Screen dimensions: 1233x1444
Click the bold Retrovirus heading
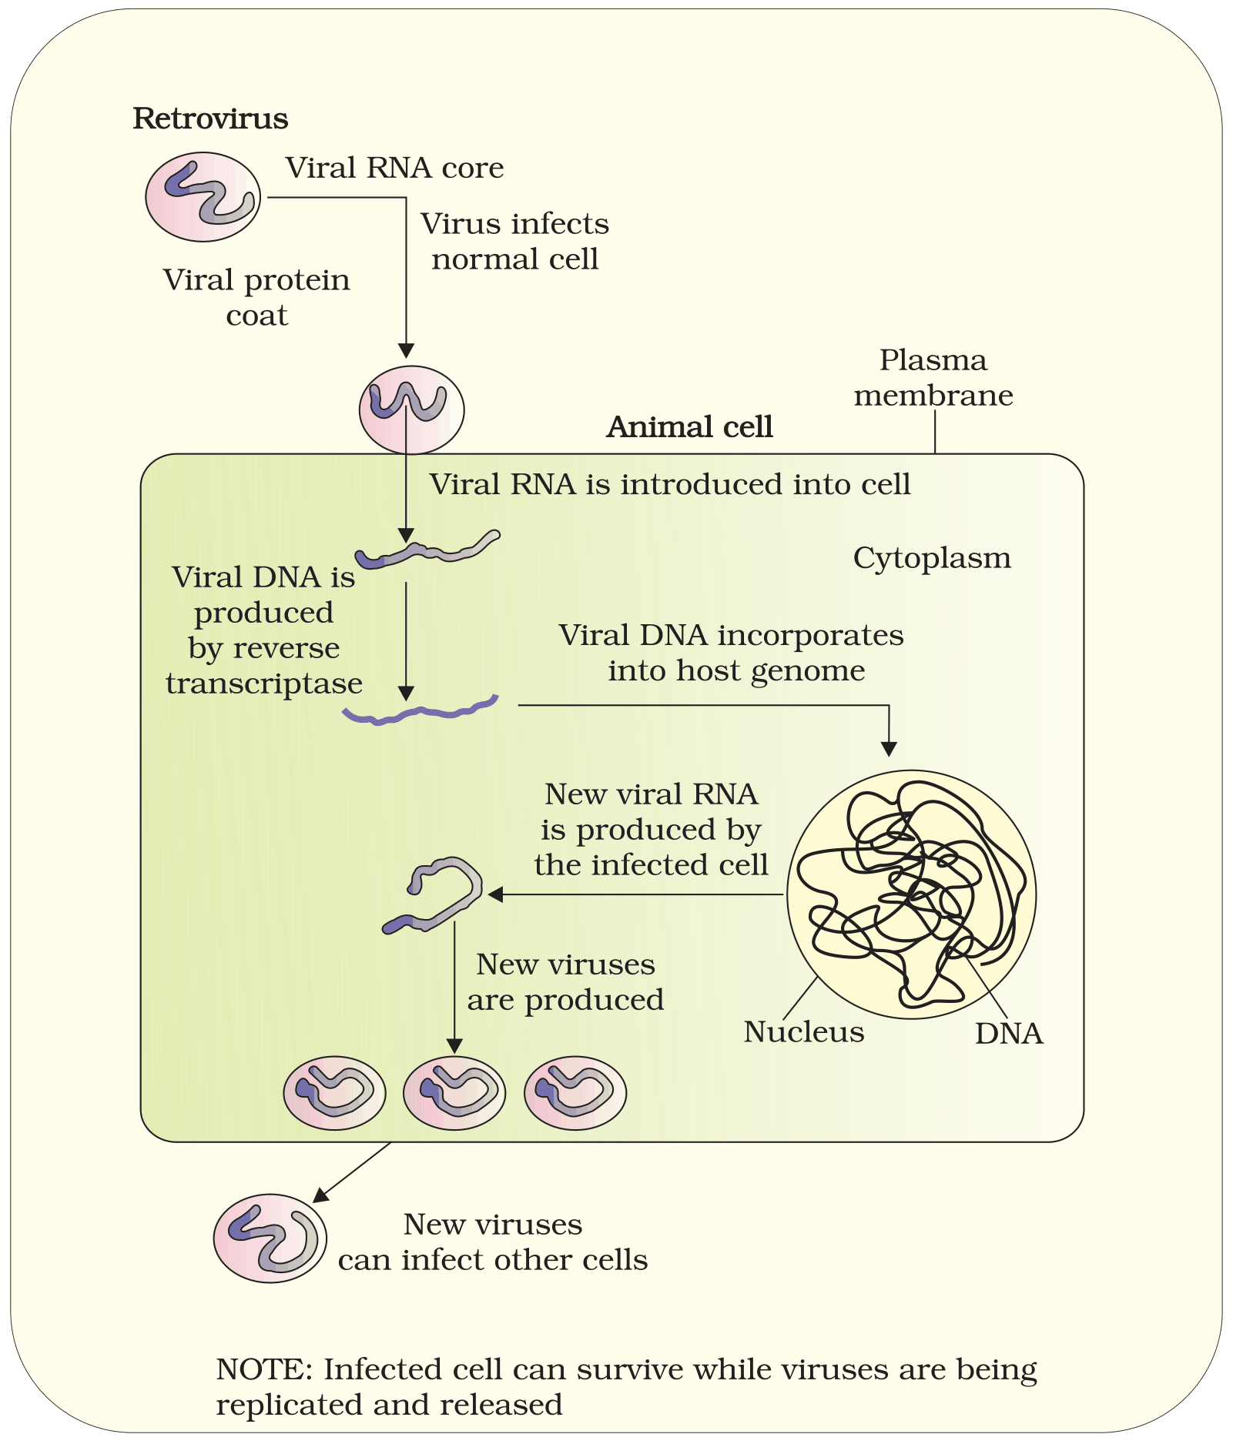pyautogui.click(x=210, y=119)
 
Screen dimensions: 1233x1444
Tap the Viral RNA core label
pyautogui.click(x=394, y=168)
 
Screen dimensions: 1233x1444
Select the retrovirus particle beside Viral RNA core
pyautogui.click(x=203, y=197)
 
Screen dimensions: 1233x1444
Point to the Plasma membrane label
pyautogui.click(x=933, y=377)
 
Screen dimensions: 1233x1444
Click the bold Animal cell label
pyautogui.click(x=689, y=426)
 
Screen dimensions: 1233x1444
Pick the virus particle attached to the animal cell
pyautogui.click(x=411, y=409)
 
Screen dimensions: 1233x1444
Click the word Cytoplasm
pyautogui.click(x=932, y=558)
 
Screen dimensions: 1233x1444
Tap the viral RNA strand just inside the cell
pyautogui.click(x=428, y=550)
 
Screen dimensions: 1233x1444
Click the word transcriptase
pyautogui.click(x=264, y=684)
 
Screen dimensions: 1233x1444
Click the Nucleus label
pyautogui.click(x=804, y=1032)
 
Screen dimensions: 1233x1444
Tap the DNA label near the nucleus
pyautogui.click(x=1009, y=1034)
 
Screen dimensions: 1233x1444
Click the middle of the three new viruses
pyautogui.click(x=454, y=1093)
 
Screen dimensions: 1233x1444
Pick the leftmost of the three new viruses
pyautogui.click(x=334, y=1093)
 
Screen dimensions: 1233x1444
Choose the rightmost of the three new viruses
pyautogui.click(x=575, y=1093)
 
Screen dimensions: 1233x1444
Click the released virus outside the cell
pyautogui.click(x=270, y=1238)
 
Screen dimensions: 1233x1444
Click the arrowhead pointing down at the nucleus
pyautogui.click(x=889, y=749)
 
